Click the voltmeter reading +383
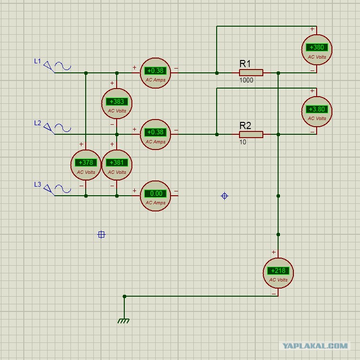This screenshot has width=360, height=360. [x=117, y=103]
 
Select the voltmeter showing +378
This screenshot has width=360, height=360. [x=86, y=165]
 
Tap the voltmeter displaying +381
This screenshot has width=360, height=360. [x=117, y=165]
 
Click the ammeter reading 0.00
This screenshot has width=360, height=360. [x=155, y=196]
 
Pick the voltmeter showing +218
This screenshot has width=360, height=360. [x=278, y=273]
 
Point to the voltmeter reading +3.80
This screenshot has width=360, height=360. [x=317, y=111]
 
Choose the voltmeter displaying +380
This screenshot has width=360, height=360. [x=317, y=50]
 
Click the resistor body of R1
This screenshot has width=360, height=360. [x=251, y=73]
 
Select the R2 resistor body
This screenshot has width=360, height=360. [x=251, y=135]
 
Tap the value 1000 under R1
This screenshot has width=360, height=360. [x=246, y=80]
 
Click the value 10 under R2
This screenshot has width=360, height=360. [x=243, y=142]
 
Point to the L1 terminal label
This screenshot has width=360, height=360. [x=38, y=61]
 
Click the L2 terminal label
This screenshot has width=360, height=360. [x=38, y=123]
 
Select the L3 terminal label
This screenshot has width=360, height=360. [x=38, y=184]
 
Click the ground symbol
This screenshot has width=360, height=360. [x=123, y=321]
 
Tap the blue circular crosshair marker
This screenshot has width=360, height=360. [x=224, y=196]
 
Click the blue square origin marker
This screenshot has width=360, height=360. [x=101, y=235]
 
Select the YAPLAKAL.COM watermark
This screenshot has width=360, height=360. [x=315, y=346]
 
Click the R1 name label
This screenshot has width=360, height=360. [x=245, y=64]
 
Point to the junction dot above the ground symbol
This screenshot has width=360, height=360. [x=124, y=296]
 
